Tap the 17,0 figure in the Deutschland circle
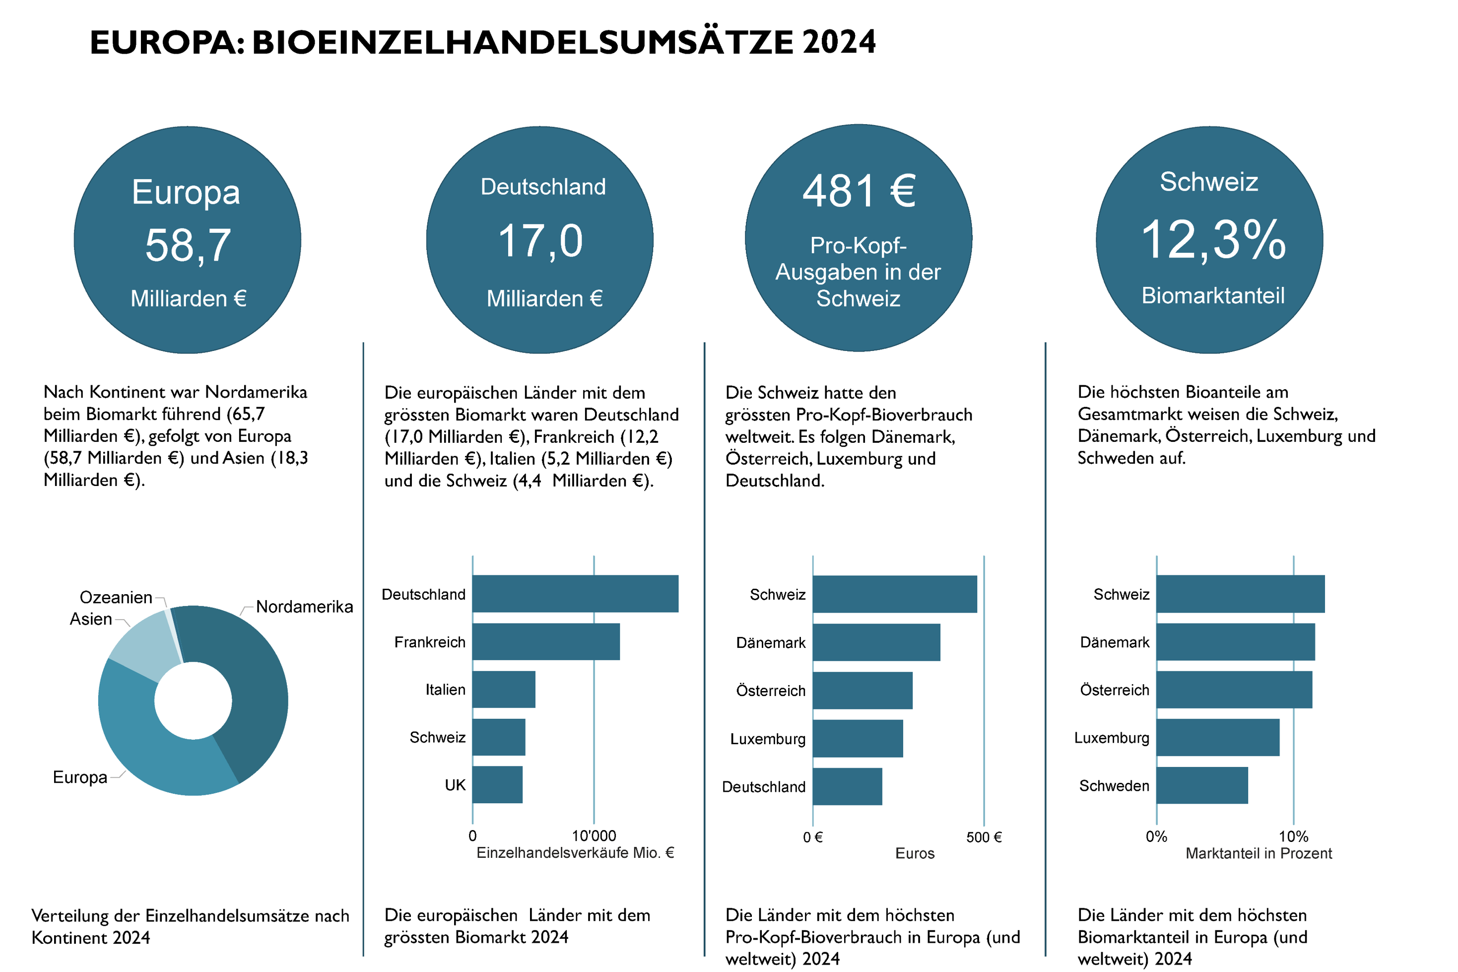[x=540, y=241]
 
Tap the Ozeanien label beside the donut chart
[x=116, y=597]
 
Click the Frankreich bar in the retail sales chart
[x=545, y=641]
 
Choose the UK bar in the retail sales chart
[x=497, y=785]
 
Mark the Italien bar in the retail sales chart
[x=503, y=690]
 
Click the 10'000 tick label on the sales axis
[x=593, y=835]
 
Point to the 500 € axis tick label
[x=984, y=837]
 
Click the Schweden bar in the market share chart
[x=1201, y=785]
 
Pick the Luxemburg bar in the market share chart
[x=1217, y=738]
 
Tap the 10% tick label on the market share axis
[x=1293, y=837]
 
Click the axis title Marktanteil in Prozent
[x=1258, y=853]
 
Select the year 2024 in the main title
[x=838, y=42]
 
